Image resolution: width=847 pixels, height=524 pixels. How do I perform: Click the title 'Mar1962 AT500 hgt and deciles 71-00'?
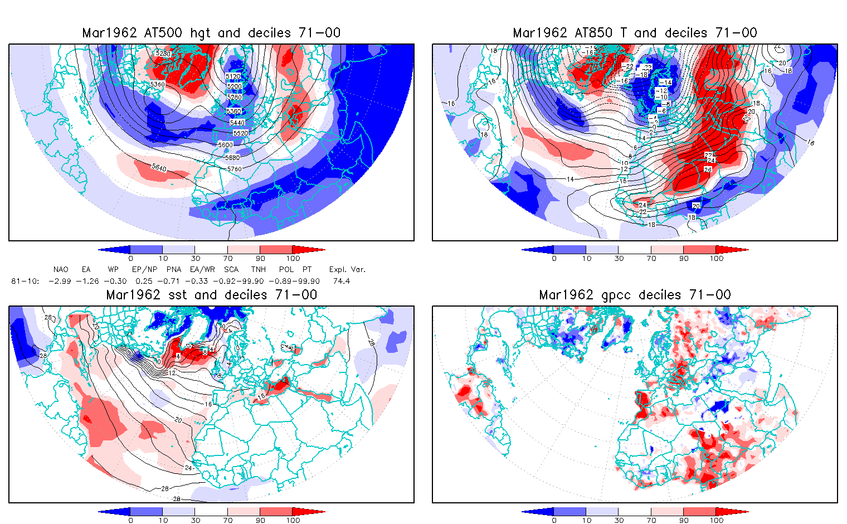(211, 33)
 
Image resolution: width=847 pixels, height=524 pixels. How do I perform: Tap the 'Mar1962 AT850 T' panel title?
(635, 33)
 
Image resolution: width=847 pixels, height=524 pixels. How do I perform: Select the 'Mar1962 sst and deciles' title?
(211, 295)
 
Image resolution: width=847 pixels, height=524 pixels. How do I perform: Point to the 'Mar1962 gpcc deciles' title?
(635, 295)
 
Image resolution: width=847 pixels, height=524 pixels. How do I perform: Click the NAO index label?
(61, 270)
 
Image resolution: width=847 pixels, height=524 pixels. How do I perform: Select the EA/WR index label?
(202, 270)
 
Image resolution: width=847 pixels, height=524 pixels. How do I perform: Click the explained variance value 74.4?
(342, 282)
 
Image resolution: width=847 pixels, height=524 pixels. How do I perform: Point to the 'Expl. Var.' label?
(347, 270)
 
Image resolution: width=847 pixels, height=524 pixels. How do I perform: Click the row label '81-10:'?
(25, 282)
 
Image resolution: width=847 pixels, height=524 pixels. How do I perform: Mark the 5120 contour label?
(234, 77)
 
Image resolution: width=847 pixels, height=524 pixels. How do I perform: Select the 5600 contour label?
(226, 145)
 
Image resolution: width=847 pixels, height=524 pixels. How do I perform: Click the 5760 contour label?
(234, 169)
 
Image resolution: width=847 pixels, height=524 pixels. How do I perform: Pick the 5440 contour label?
(237, 123)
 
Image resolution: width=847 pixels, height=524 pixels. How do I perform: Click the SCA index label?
(231, 270)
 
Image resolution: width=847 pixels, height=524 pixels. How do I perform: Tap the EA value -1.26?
(87, 282)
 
